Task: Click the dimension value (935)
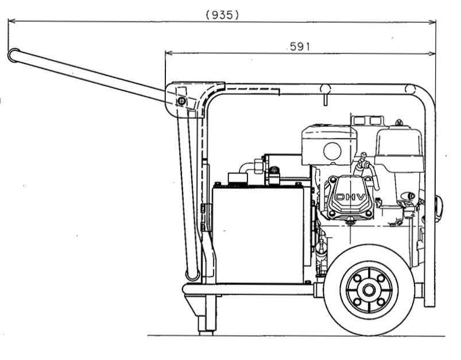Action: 222,15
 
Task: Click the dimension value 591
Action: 300,47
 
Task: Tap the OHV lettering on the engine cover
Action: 350,197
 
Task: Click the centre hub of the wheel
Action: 369,291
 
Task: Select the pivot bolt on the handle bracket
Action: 181,101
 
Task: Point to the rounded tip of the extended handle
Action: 13,55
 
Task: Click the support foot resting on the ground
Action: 206,326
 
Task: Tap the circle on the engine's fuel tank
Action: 332,151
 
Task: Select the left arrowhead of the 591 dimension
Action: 169,53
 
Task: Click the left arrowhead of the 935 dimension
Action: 11,21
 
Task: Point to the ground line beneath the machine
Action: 296,335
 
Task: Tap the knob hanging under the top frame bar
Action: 326,94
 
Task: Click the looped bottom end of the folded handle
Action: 192,275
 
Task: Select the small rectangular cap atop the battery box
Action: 238,178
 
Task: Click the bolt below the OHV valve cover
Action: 350,221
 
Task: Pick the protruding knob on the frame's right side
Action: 439,208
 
